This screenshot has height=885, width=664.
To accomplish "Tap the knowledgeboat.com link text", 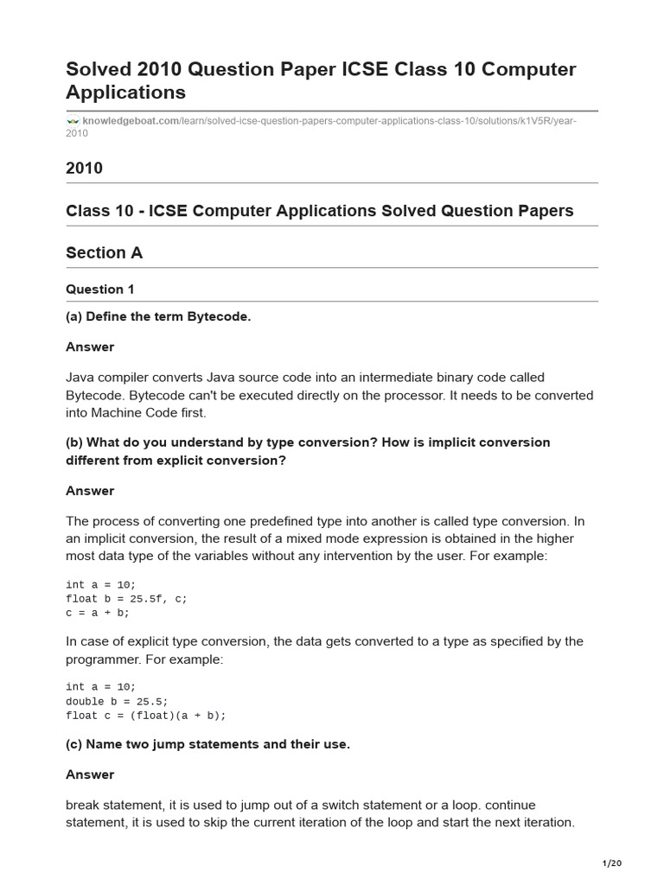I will coord(130,121).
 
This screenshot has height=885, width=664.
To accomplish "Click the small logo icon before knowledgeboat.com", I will coord(73,121).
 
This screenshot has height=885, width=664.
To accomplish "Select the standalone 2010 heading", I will coord(84,168).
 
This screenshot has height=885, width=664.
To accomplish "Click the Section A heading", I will coord(104,252).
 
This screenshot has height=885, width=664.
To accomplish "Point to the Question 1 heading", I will coord(99,290).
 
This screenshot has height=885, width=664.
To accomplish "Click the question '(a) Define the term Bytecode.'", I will coord(158,316).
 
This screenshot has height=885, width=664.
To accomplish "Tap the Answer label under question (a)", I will coord(90,347).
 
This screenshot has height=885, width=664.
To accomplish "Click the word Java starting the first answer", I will coord(80,377).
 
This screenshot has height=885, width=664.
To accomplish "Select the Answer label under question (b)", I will coord(90,491).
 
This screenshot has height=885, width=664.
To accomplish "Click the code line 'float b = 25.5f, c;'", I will coord(126,598).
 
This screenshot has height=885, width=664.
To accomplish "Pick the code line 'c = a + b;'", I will coord(97,613).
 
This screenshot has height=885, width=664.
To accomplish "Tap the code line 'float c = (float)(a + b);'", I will coord(145,716).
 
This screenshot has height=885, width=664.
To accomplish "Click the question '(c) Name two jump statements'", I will coord(207,744).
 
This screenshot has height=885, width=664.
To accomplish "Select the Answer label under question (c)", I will coord(90,774).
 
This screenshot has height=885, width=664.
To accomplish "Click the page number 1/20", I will coord(611,863).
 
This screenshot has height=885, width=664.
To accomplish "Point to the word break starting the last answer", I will coord(82,805).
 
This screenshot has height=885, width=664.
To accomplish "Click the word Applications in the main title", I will coord(125,92).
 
